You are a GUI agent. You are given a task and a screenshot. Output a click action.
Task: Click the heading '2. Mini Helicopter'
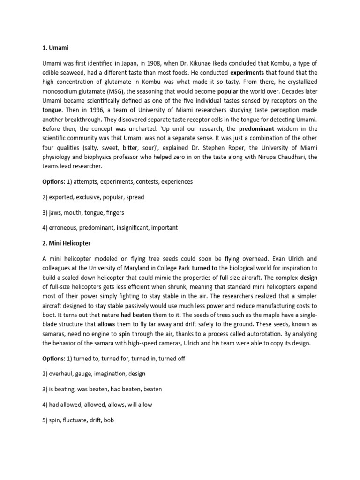[x=67, y=243]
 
